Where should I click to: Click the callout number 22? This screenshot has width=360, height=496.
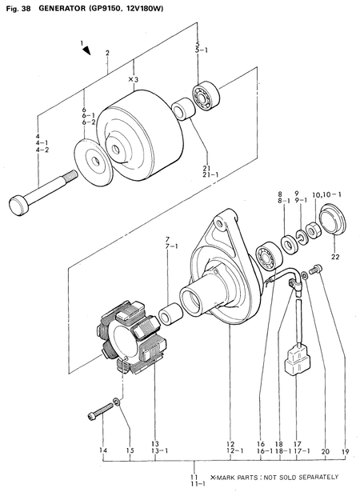pos(336,257)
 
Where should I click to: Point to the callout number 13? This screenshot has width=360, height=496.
pos(155,443)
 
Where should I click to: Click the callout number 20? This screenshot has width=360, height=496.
pos(324,451)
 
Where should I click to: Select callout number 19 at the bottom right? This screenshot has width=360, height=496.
pos(345,451)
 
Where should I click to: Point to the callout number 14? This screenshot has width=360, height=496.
pos(102,451)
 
